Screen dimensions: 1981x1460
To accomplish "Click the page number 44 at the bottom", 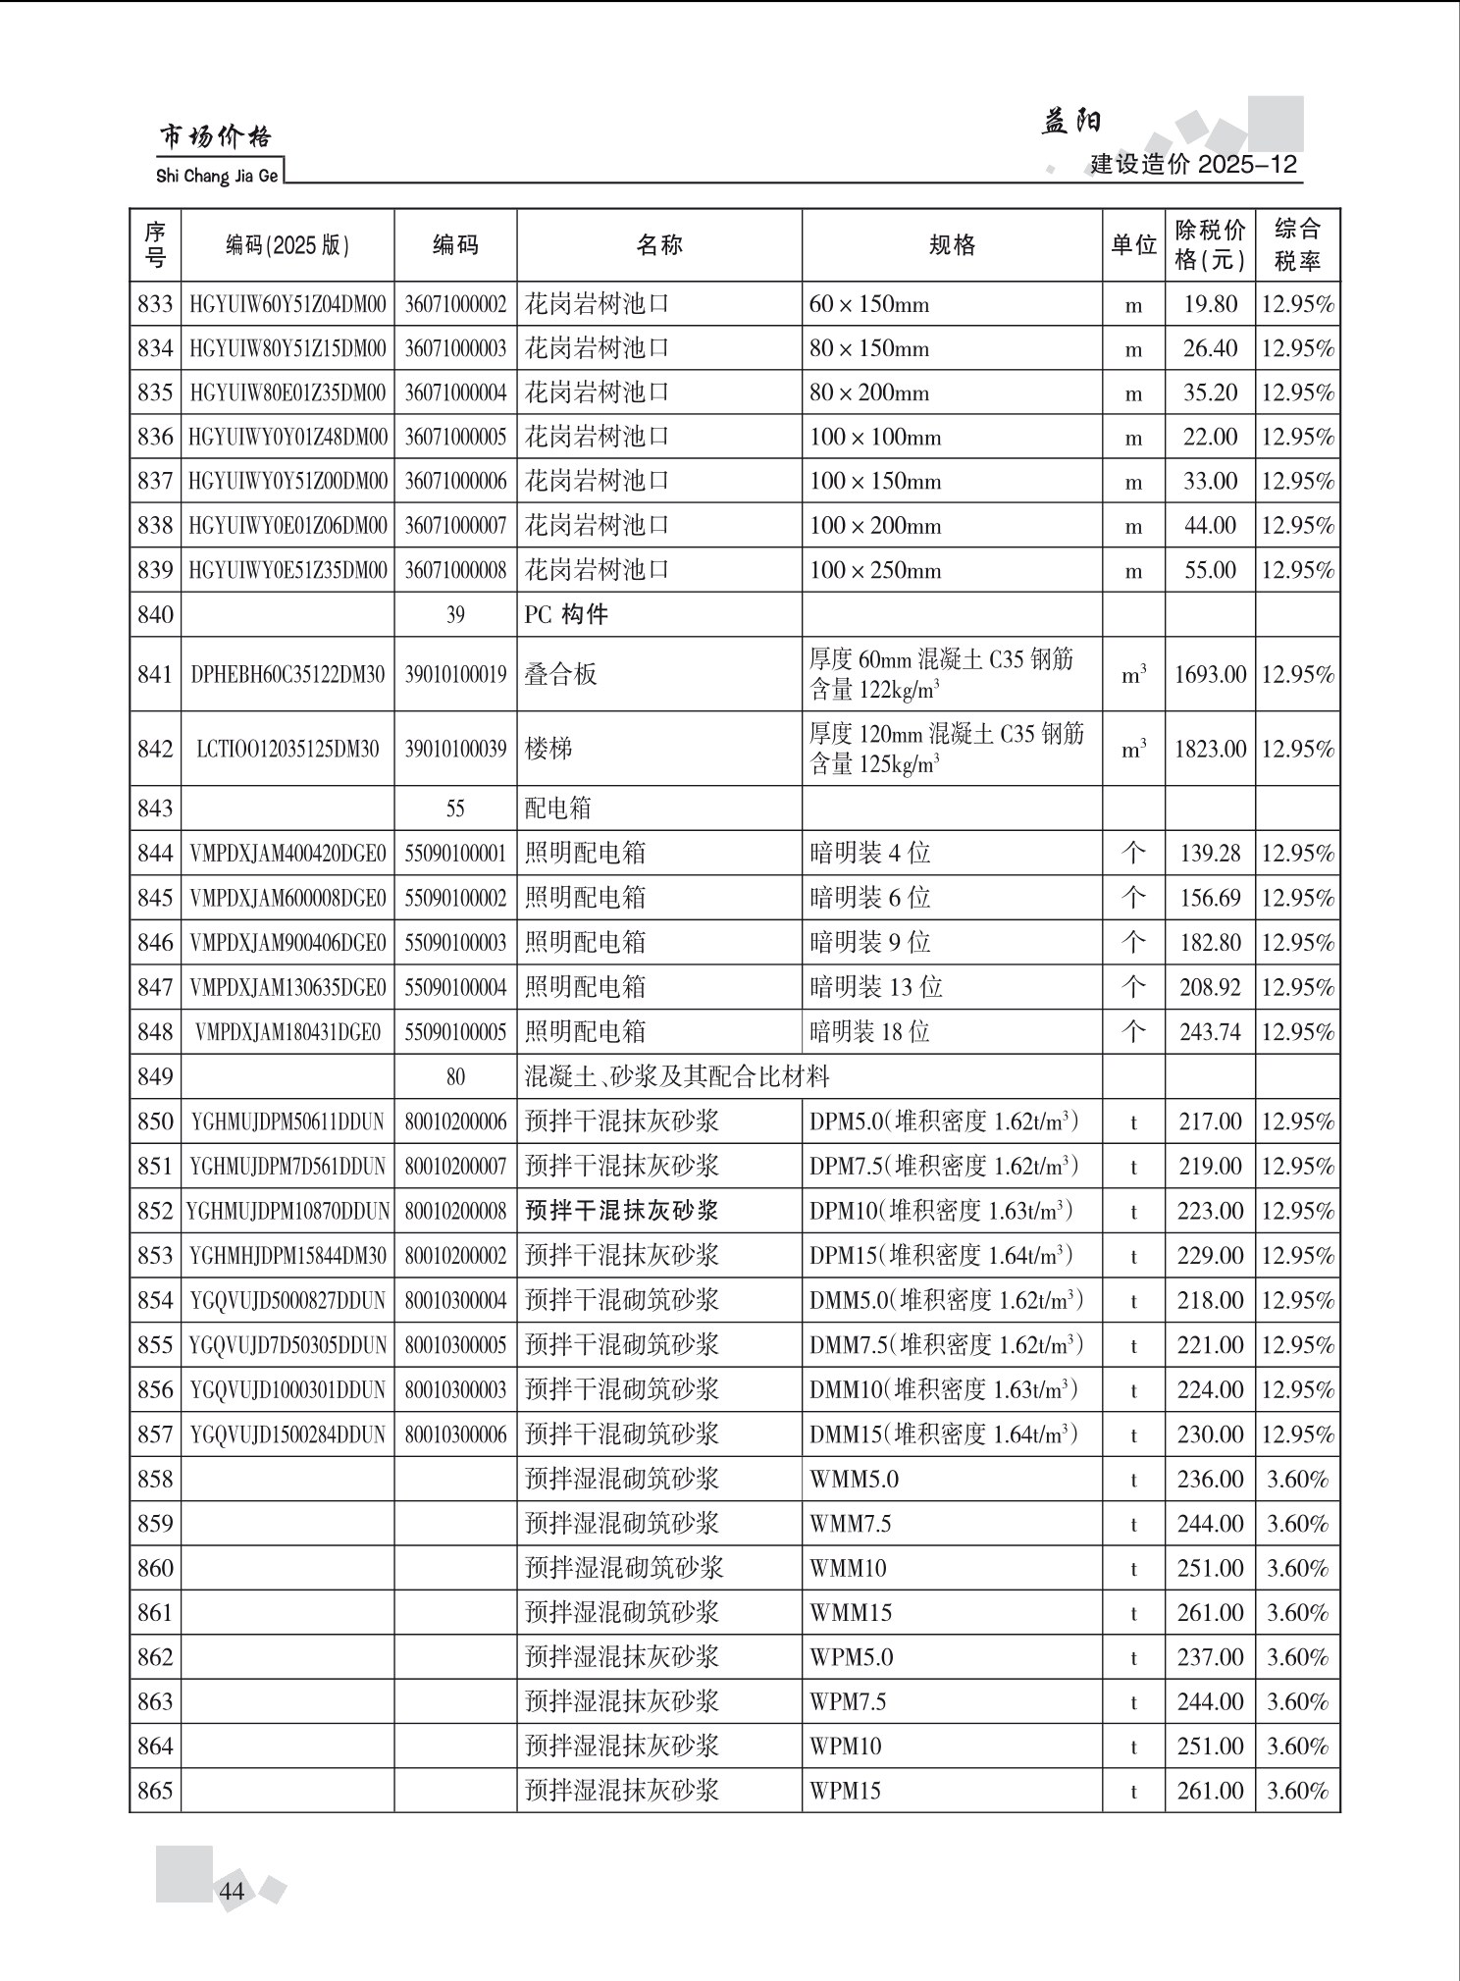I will [x=232, y=1891].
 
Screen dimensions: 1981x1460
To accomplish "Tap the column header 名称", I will [x=658, y=245].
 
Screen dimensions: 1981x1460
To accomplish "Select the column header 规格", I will [x=952, y=245].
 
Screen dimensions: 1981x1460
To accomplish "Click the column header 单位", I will [x=1133, y=245].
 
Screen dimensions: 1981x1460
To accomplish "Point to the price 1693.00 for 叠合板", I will [x=1210, y=675].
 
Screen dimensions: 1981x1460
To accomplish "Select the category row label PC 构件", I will [x=566, y=615].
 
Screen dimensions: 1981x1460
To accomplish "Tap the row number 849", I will [x=155, y=1076].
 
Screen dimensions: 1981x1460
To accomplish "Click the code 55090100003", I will [x=455, y=943].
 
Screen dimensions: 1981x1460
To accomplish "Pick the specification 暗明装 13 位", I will [x=875, y=987].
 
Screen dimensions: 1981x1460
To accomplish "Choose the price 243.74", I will [x=1210, y=1032].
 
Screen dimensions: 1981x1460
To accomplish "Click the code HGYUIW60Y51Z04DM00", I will [x=287, y=304].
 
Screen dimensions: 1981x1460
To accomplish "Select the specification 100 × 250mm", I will [x=874, y=570].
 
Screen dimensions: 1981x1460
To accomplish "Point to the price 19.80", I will [x=1210, y=304].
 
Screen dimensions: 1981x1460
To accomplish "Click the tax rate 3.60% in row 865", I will [x=1297, y=1791].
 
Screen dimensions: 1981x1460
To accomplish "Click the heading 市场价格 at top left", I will [x=216, y=137].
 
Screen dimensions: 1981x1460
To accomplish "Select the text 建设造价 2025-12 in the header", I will [x=1193, y=164].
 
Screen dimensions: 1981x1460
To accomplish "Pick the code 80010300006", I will [x=455, y=1434].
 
